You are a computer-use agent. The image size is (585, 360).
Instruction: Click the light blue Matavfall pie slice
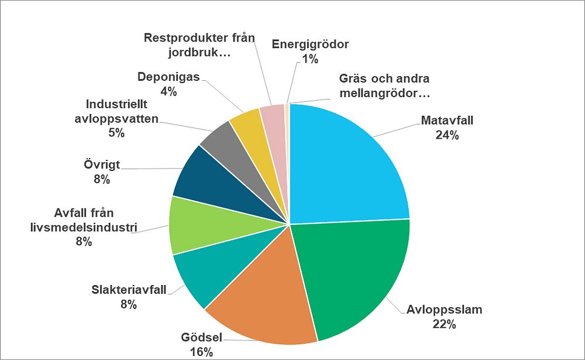tap(345, 164)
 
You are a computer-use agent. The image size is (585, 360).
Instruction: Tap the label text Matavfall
tap(447, 121)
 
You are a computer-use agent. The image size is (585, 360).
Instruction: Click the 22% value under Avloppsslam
tap(444, 323)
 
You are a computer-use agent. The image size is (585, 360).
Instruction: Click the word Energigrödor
tap(311, 44)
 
